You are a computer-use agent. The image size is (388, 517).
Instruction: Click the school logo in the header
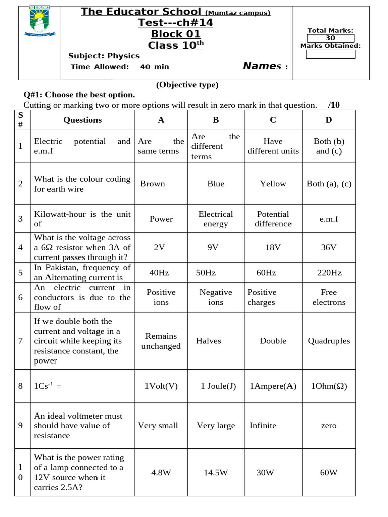point(40,21)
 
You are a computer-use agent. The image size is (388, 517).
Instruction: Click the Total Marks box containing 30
point(331,38)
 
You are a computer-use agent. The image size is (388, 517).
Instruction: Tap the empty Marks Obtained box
point(331,54)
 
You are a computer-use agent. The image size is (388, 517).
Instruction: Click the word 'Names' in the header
point(262,66)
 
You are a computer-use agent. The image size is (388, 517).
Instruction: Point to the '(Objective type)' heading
point(187,85)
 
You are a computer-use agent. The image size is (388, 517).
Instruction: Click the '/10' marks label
point(334,105)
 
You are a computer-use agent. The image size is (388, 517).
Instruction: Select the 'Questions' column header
point(82,120)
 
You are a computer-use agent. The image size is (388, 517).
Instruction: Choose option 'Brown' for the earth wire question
point(153,184)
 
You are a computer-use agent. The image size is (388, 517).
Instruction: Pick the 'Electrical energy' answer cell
point(216,219)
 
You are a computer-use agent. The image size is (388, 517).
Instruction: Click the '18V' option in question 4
point(273,247)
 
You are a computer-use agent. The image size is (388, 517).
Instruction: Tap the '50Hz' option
point(206,273)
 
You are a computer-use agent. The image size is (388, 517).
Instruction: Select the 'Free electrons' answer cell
point(329,297)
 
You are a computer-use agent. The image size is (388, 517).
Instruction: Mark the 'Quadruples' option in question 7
point(329,341)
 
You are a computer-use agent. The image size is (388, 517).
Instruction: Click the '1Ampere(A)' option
point(273,386)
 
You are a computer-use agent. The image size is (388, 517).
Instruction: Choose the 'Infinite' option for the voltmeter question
point(263,426)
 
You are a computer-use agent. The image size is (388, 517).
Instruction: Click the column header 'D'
point(329,120)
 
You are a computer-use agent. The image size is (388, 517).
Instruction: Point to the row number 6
point(20,297)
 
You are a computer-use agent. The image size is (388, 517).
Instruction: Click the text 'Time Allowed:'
point(100,67)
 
